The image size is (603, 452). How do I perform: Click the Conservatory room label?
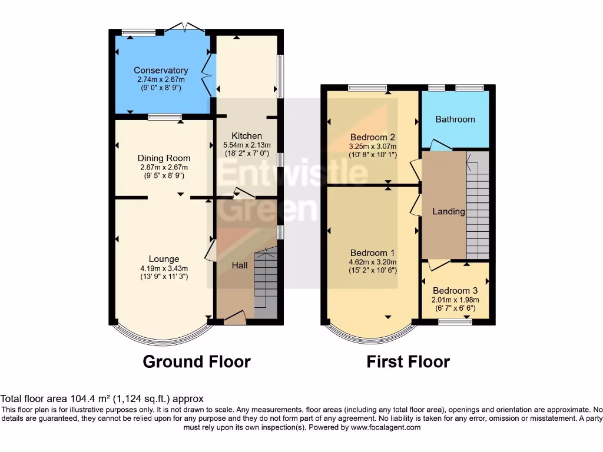click(x=161, y=71)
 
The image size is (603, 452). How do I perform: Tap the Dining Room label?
click(x=164, y=158)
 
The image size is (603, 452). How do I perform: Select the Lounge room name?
click(x=164, y=259)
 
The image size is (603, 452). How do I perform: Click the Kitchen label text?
click(x=247, y=136)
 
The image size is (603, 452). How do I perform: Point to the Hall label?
click(x=239, y=265)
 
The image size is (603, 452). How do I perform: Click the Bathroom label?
click(x=455, y=119)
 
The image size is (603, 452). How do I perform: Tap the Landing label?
click(x=449, y=211)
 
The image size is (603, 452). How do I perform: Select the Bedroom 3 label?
click(x=455, y=291)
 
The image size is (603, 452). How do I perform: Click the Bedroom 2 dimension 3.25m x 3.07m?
click(x=373, y=147)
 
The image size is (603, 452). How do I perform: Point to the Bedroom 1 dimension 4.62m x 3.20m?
click(x=373, y=262)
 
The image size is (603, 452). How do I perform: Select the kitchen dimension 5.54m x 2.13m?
click(x=247, y=145)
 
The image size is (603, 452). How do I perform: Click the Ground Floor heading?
click(x=197, y=361)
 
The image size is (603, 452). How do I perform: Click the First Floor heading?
click(x=408, y=361)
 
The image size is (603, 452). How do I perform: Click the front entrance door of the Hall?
click(x=236, y=318)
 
